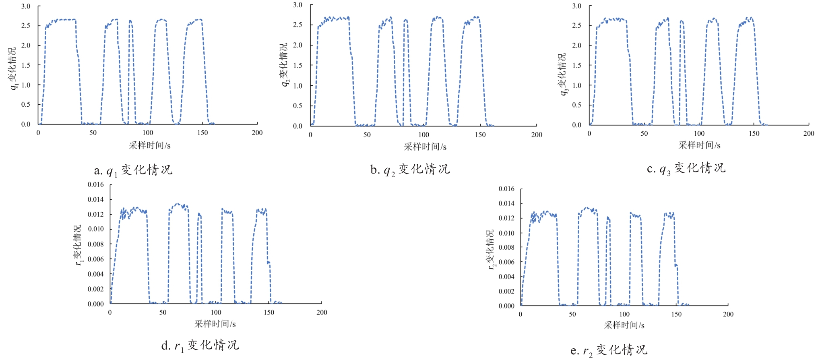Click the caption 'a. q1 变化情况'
133,170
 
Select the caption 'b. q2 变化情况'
410,170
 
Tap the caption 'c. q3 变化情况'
686,168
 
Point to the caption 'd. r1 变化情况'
200,346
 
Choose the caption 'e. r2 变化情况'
609,350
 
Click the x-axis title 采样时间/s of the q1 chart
150,145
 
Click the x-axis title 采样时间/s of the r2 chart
624,325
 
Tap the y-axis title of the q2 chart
284,65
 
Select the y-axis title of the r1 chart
78,245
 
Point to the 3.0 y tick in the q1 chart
26,6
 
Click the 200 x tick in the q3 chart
809,133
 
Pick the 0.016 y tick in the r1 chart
96,184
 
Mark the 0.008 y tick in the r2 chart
506,247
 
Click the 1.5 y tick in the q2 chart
297,65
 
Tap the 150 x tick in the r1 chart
269,312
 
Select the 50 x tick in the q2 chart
367,135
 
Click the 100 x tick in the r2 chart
624,314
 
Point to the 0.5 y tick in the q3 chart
577,105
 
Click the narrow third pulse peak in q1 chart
130,21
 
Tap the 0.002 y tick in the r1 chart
96,289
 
